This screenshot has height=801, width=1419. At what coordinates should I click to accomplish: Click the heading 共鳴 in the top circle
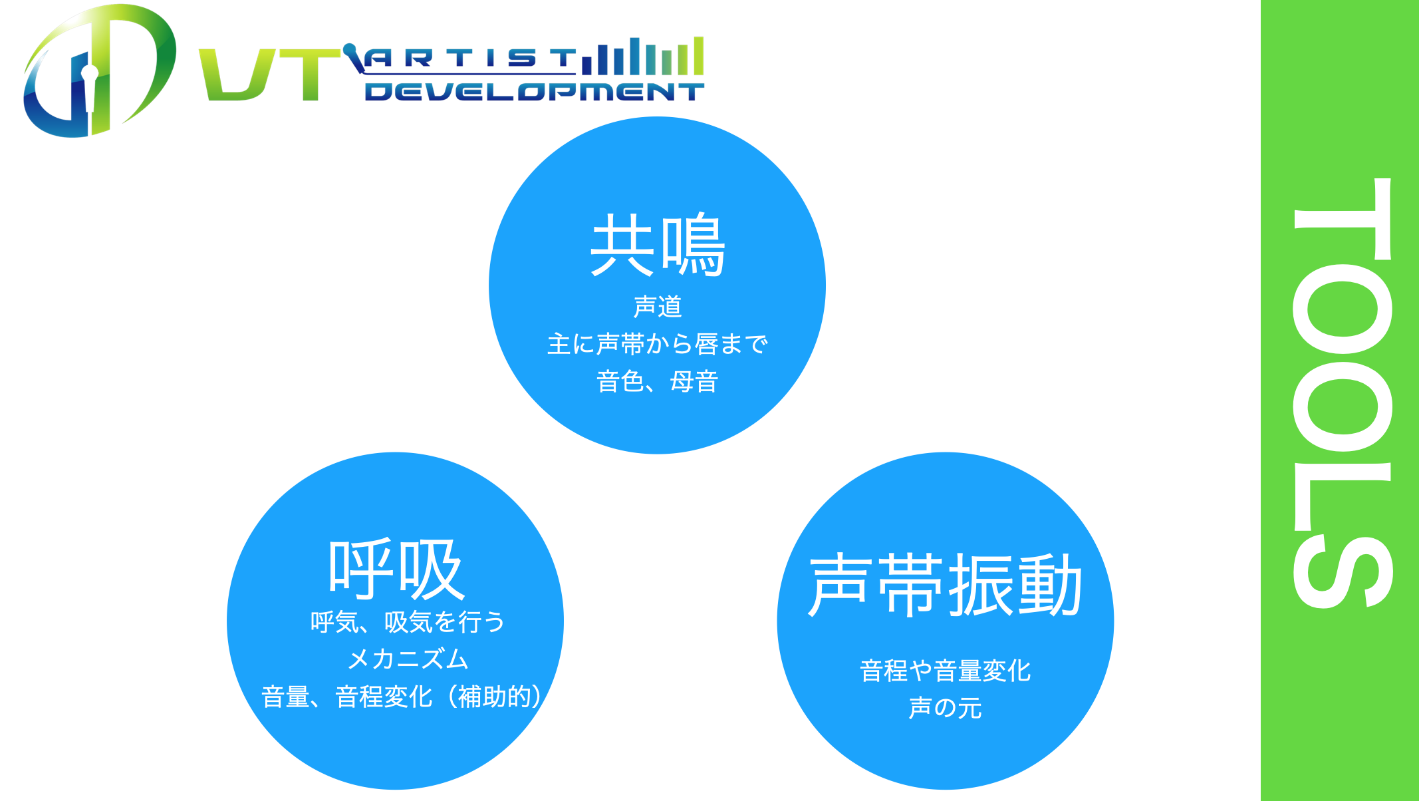(x=657, y=244)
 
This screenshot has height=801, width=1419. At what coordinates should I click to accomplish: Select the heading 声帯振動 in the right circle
(x=945, y=585)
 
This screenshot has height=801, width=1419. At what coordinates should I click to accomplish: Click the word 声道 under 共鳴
(x=657, y=307)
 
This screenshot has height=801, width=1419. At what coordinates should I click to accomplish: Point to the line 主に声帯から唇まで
(x=657, y=344)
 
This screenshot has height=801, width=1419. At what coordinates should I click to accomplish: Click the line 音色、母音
(x=657, y=381)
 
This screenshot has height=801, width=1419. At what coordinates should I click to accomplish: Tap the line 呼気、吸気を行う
(x=408, y=622)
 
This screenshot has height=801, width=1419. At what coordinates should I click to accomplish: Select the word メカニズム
(x=408, y=659)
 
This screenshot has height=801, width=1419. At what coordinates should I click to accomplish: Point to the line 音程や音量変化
(x=945, y=671)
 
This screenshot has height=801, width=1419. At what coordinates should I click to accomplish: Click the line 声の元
(x=945, y=708)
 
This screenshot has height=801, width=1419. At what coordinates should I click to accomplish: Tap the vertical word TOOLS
(x=1343, y=393)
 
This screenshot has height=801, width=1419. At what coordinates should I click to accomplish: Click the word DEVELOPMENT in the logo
(x=535, y=92)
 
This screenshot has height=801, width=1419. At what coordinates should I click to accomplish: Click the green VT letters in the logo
(x=269, y=75)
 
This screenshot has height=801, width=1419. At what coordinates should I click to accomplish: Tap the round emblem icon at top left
(x=98, y=71)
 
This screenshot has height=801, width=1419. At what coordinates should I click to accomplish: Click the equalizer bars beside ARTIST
(x=642, y=56)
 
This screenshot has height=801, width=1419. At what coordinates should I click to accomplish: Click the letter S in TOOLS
(x=1343, y=571)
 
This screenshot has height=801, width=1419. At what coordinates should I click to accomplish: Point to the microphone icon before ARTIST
(x=354, y=58)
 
